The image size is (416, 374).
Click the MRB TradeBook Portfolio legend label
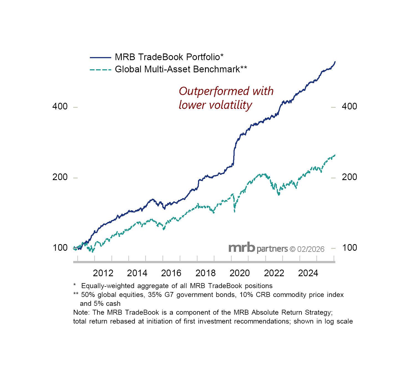169,57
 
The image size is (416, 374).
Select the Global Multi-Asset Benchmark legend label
181,69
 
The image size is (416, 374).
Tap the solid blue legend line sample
100,58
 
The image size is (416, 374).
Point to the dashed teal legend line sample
100,70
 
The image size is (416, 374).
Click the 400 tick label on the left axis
60,106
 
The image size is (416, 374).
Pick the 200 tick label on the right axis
349,177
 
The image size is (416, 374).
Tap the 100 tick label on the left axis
60,248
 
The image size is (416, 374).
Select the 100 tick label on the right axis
349,248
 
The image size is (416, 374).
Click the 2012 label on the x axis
103,273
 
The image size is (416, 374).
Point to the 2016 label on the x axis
171,273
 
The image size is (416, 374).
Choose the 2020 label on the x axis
240,273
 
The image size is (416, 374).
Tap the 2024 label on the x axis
308,273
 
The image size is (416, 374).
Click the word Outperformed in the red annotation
210,91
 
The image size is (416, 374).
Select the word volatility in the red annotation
232,105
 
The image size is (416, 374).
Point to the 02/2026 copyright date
311,249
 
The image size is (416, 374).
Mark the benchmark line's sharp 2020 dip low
235,211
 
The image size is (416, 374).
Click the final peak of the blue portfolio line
335,62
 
